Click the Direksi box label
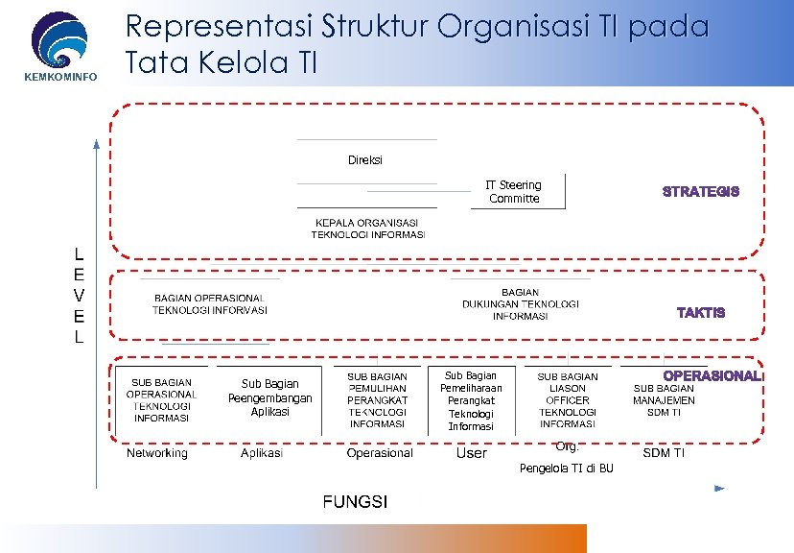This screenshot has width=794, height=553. pyautogui.click(x=365, y=160)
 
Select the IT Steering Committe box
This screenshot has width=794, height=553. pyautogui.click(x=514, y=192)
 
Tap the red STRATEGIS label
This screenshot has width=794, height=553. pyautogui.click(x=701, y=192)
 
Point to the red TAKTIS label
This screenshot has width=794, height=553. pyautogui.click(x=701, y=313)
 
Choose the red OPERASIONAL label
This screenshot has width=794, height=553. pyautogui.click(x=712, y=375)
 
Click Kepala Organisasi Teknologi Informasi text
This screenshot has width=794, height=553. pyautogui.click(x=367, y=228)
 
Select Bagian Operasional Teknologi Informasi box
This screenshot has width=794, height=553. pyautogui.click(x=209, y=303)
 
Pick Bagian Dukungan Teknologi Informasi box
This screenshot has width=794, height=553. pyautogui.click(x=521, y=303)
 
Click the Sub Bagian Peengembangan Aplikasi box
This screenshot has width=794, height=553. pyautogui.click(x=269, y=397)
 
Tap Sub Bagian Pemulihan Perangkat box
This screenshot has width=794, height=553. pyautogui.click(x=377, y=399)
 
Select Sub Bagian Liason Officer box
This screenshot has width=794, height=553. pyautogui.click(x=568, y=399)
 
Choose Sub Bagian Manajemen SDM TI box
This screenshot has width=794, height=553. pyautogui.click(x=665, y=399)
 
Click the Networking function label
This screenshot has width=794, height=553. pyautogui.click(x=157, y=453)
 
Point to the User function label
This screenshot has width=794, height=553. pyautogui.click(x=472, y=453)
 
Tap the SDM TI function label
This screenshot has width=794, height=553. pyautogui.click(x=664, y=453)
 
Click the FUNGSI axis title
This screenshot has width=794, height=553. pyautogui.click(x=355, y=502)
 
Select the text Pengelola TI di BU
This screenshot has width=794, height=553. pyautogui.click(x=566, y=469)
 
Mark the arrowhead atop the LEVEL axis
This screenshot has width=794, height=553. pyautogui.click(x=96, y=145)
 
